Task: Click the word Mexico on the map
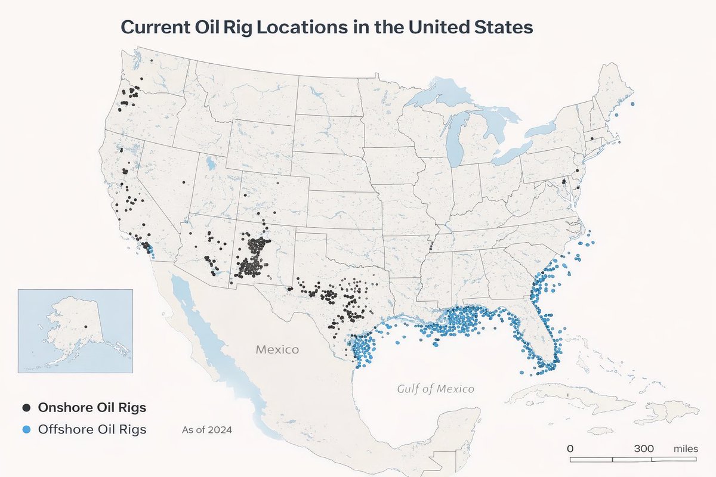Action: coord(277,349)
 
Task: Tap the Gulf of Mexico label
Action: coord(436,389)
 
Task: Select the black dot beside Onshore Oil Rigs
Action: coord(26,408)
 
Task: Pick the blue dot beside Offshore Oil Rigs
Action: coord(26,429)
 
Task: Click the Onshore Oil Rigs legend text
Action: coord(92,408)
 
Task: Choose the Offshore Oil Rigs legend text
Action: coord(92,429)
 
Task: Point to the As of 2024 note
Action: coord(206,429)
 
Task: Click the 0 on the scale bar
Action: coord(570,448)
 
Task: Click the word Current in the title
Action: coord(156,27)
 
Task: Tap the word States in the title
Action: coord(501,27)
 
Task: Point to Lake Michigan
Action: coord(455,140)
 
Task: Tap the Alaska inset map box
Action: coord(75,331)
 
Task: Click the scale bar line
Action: coord(632,459)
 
